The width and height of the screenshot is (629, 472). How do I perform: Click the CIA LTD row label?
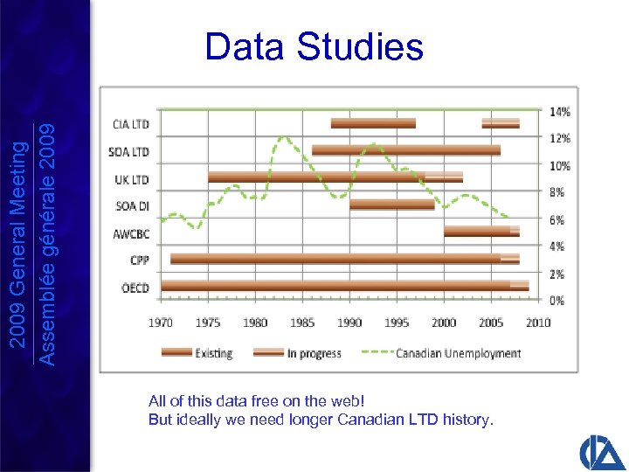pos(130,124)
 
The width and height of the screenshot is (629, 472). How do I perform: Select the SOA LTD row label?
pos(129,152)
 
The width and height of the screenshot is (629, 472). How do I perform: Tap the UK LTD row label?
pos(131,179)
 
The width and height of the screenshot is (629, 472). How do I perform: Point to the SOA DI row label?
pos(132,206)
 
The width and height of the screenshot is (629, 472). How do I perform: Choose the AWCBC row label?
pos(131,233)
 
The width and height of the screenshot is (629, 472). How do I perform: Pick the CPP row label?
pos(140,260)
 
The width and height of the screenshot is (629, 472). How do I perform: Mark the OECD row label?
pos(135,288)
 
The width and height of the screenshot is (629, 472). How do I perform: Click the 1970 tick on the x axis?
pos(161,323)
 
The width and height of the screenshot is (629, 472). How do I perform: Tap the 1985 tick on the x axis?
pos(302,323)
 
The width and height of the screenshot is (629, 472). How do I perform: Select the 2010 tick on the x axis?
pos(538,323)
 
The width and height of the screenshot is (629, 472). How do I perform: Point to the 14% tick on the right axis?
pos(560,112)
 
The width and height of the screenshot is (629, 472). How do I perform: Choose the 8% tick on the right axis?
pos(557,192)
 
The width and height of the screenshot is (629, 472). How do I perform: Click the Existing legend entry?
pos(197,353)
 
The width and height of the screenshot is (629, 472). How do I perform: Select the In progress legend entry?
pos(297,353)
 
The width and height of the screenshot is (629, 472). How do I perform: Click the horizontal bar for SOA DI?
pos(392,205)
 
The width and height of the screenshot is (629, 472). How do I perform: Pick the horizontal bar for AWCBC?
pos(480,232)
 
